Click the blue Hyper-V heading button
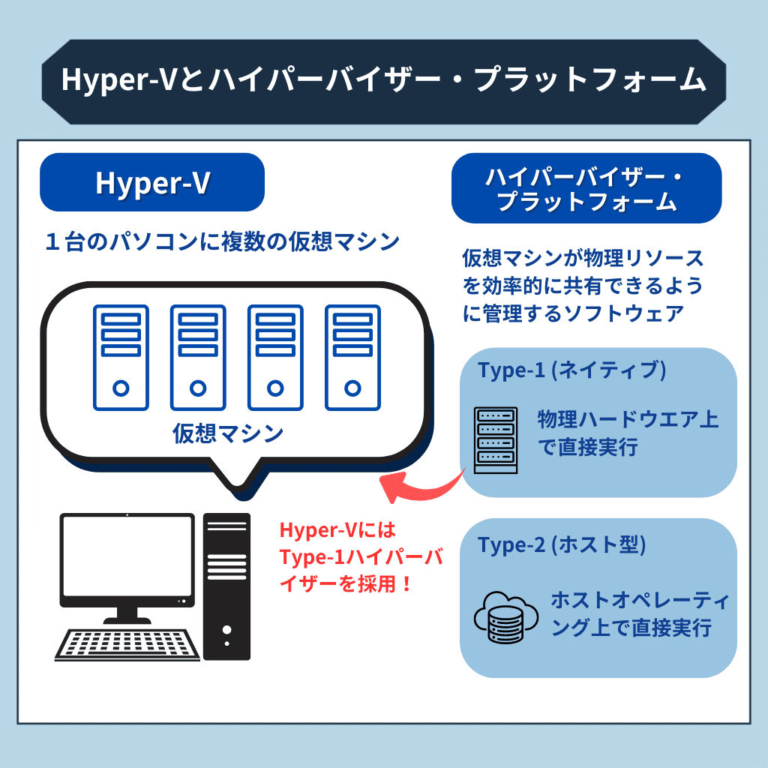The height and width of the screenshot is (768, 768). [152, 182]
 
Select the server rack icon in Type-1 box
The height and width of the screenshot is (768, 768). [496, 440]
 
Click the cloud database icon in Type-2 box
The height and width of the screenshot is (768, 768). [505, 617]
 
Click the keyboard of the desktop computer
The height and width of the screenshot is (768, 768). [127, 645]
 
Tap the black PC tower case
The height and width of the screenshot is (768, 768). [226, 586]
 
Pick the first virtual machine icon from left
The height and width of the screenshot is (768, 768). [121, 358]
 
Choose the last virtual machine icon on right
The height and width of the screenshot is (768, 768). [352, 358]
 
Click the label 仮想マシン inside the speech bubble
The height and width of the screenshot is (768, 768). [228, 433]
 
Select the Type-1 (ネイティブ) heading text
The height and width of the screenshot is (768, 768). [572, 370]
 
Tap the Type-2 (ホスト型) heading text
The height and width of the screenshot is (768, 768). [562, 544]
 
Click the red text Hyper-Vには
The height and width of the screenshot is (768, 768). [337, 530]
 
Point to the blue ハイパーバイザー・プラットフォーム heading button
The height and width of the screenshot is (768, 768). [586, 188]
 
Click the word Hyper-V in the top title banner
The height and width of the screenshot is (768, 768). [118, 79]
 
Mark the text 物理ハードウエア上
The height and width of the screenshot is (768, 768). [628, 419]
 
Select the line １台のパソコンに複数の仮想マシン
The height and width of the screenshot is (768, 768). [222, 241]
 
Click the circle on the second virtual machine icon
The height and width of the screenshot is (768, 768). [198, 388]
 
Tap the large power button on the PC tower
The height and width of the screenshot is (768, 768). [226, 629]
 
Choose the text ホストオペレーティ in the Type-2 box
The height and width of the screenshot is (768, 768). [640, 600]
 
